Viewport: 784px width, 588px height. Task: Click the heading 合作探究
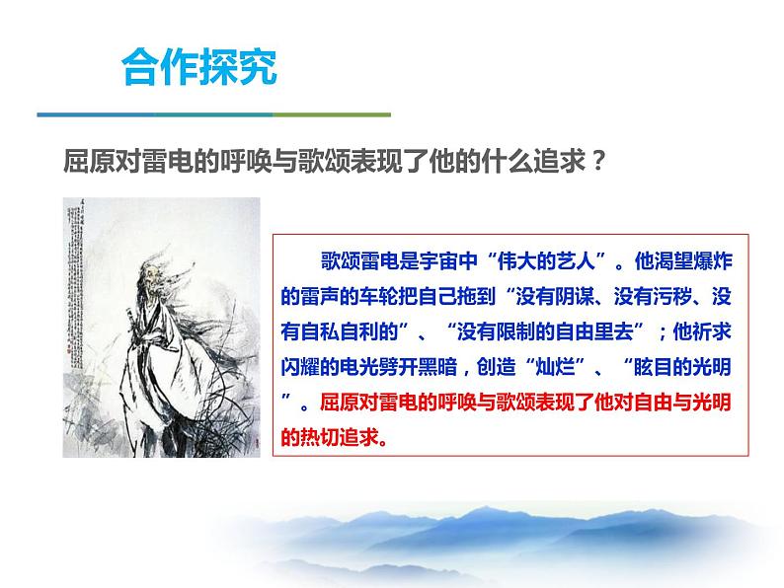[198, 69]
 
